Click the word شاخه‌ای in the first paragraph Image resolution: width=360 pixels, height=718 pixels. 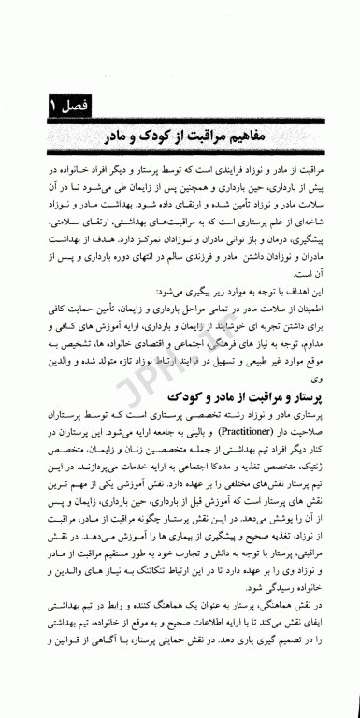click(306, 229)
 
